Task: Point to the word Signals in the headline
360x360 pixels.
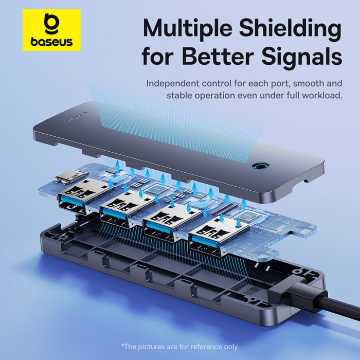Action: (x=306, y=58)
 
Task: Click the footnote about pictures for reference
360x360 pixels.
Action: (x=179, y=346)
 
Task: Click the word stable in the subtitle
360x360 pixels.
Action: (x=178, y=96)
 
